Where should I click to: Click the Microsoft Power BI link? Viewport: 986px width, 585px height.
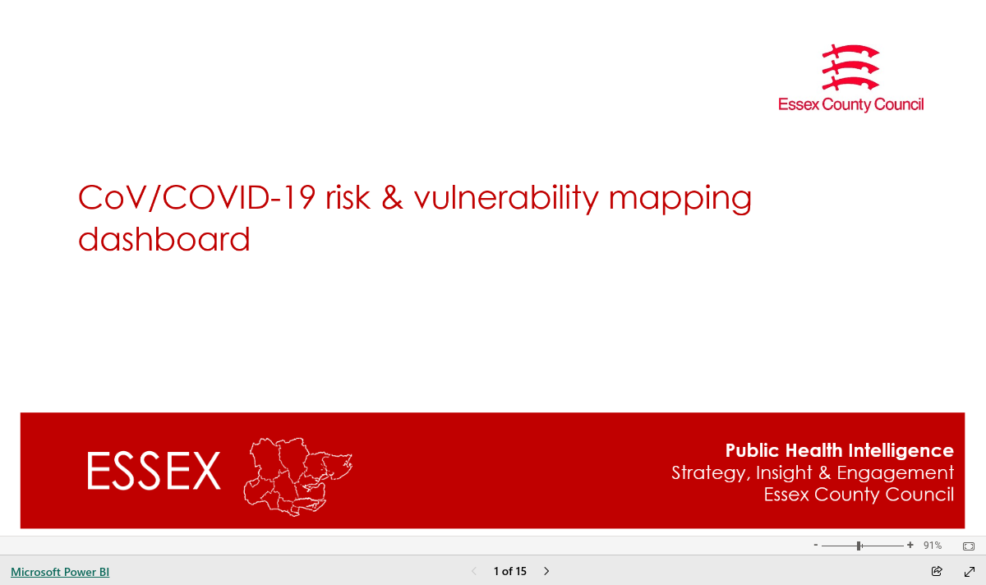pos(60,572)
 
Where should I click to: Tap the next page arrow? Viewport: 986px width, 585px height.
pos(546,571)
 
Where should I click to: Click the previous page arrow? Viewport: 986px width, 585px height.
pos(474,571)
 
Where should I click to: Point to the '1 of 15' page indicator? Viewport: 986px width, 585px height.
pos(510,571)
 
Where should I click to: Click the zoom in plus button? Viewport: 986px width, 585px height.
pos(910,545)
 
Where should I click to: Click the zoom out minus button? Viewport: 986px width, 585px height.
pos(816,545)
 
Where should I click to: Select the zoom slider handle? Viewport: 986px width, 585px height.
pos(859,546)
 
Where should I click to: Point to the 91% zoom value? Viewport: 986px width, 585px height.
pos(933,546)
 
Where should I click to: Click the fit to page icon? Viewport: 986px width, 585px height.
pos(969,546)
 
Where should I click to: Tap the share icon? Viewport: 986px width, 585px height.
pos(937,571)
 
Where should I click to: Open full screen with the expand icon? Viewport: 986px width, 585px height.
pos(970,572)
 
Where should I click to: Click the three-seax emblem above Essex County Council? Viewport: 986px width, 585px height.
pos(850,67)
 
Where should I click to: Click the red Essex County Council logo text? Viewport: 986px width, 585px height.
pos(851,105)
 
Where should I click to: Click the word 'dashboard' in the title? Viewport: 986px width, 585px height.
pos(164,239)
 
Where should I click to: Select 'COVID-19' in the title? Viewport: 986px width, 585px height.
pos(239,197)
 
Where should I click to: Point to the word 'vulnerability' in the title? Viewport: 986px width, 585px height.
pos(506,198)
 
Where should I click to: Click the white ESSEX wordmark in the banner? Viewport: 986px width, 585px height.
pos(154,471)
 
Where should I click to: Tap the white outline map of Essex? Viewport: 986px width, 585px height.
pos(298,477)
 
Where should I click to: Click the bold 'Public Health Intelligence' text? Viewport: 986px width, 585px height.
pos(840,450)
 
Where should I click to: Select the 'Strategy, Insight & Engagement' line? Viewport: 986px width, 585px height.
pos(813,472)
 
